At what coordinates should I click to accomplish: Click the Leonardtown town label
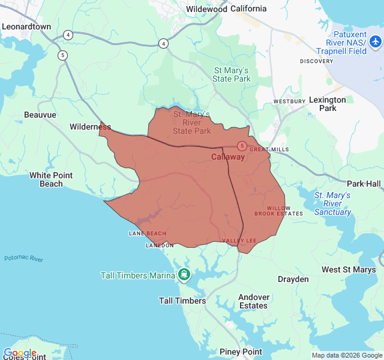click(x=26, y=27)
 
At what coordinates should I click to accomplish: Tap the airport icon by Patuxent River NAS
click(x=376, y=41)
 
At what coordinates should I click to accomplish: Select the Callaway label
click(x=228, y=157)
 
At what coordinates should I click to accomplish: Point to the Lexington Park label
click(x=327, y=104)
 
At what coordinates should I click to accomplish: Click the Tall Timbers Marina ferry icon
click(x=184, y=275)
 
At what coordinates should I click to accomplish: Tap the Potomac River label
click(x=23, y=259)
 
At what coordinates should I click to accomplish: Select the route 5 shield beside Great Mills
click(x=241, y=146)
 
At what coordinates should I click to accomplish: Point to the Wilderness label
click(x=90, y=127)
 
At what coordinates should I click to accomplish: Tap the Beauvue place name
click(x=40, y=115)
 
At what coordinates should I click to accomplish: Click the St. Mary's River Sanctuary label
click(x=332, y=203)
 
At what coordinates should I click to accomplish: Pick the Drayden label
click(x=293, y=280)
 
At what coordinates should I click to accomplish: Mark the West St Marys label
click(x=349, y=270)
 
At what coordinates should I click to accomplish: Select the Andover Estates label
click(x=253, y=301)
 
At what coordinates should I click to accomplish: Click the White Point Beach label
click(x=51, y=179)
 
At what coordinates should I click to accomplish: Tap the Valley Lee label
click(x=239, y=241)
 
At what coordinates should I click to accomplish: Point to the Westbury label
click(x=286, y=101)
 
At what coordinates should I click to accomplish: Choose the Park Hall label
click(x=364, y=183)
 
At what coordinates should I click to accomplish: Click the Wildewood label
click(x=206, y=9)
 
